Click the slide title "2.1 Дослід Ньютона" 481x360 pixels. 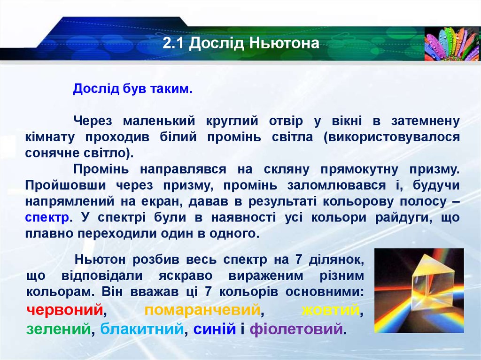241,44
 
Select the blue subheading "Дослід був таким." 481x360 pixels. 132,89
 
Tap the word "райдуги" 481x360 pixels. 399,218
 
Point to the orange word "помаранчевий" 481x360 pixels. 202,310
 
